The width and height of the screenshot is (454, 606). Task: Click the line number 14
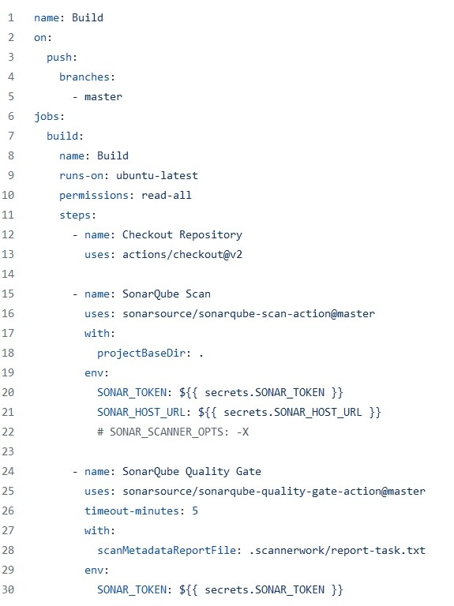[x=8, y=274]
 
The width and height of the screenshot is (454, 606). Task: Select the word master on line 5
[x=103, y=96]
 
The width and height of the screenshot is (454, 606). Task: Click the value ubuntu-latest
[x=157, y=175]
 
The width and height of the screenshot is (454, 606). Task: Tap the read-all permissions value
[x=167, y=195]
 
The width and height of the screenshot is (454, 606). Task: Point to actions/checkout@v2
[x=182, y=254]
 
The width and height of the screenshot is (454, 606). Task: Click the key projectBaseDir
[x=141, y=353]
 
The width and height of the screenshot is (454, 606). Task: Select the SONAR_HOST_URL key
[x=141, y=412]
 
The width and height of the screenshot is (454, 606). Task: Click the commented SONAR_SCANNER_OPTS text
[x=173, y=432]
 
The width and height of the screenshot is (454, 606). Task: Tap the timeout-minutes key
[x=132, y=511]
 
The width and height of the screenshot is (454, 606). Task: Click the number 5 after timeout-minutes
[x=195, y=511]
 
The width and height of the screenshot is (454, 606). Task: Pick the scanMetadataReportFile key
[x=167, y=550]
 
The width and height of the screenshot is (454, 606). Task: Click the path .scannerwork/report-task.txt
[x=337, y=550]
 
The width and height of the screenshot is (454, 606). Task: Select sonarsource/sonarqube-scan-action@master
[x=249, y=314]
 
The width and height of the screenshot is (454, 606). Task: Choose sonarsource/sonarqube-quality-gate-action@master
[x=274, y=492]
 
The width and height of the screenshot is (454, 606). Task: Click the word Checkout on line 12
[x=148, y=234]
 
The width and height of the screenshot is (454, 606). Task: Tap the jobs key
[x=47, y=116]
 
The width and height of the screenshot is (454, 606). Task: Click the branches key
[x=84, y=77]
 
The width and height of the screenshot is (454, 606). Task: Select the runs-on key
[x=81, y=175]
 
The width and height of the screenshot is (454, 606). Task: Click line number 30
[x=8, y=589]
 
